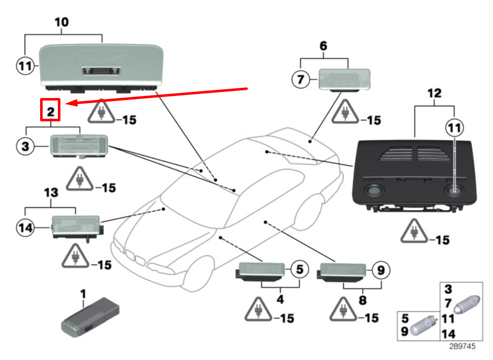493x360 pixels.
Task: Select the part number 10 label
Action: pos(61,22)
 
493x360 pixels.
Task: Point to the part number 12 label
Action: pos(435,93)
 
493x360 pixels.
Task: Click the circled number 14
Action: pos(25,228)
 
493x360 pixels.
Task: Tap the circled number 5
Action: pos(299,270)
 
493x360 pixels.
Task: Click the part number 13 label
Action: pos(51,193)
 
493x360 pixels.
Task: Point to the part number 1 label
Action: pos(83,294)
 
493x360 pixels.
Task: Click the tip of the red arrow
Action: pos(68,104)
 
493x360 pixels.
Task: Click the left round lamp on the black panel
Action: pos(375,191)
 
